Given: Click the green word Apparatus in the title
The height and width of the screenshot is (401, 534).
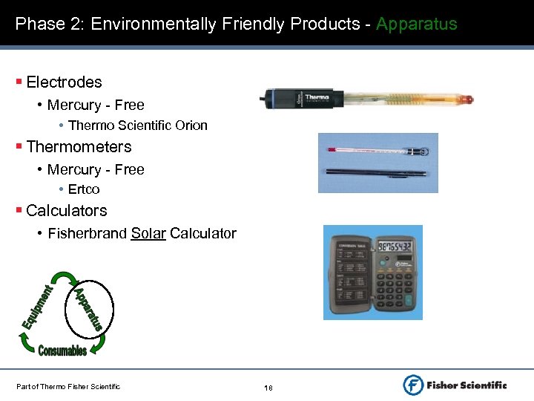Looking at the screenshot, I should (x=416, y=25).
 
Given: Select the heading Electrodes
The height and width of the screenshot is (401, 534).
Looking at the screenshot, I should (x=64, y=82).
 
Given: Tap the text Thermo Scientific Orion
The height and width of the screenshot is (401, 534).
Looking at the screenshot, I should (x=138, y=125).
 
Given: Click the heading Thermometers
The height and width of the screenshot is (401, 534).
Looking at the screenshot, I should (x=79, y=147).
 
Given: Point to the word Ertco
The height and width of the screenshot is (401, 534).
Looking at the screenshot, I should (x=84, y=189).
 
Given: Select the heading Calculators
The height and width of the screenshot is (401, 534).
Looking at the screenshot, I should (x=67, y=211).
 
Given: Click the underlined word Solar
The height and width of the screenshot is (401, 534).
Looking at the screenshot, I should (x=148, y=234).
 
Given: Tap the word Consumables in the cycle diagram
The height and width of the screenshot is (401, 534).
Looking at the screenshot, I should (x=62, y=351).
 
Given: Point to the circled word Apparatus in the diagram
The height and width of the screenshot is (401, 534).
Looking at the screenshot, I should (x=88, y=309).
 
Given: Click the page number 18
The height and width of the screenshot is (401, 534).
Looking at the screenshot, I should (x=268, y=388).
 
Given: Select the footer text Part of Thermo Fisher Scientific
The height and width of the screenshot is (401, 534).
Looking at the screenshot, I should (x=68, y=385).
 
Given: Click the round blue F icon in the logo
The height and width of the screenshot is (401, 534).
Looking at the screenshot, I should (x=413, y=385).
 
